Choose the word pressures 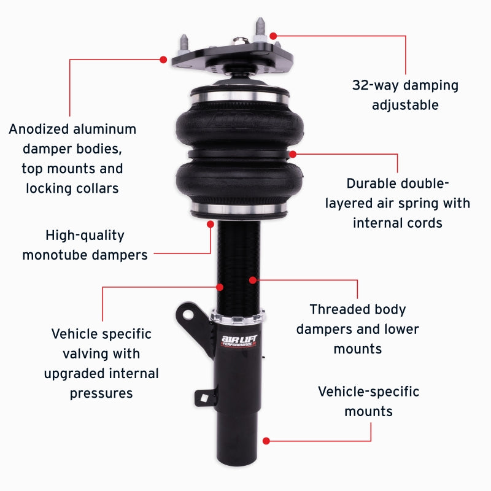point(101,393)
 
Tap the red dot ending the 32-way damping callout point(273,36)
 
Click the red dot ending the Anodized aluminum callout point(163,60)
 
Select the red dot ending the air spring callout point(293,153)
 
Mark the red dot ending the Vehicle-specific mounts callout point(266,441)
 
